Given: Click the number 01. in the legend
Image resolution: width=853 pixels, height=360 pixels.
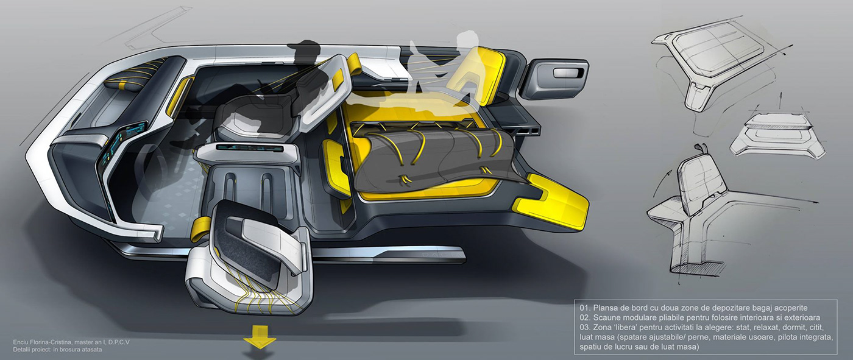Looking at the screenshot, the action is [x=585, y=308].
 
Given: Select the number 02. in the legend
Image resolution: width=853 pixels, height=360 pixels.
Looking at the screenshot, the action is [x=585, y=318].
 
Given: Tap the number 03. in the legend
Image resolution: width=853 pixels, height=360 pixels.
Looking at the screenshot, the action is [x=585, y=328].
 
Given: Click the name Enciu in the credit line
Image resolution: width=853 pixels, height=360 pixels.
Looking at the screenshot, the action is [x=21, y=342].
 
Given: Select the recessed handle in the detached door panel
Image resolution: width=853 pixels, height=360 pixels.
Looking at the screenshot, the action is [x=567, y=72].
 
